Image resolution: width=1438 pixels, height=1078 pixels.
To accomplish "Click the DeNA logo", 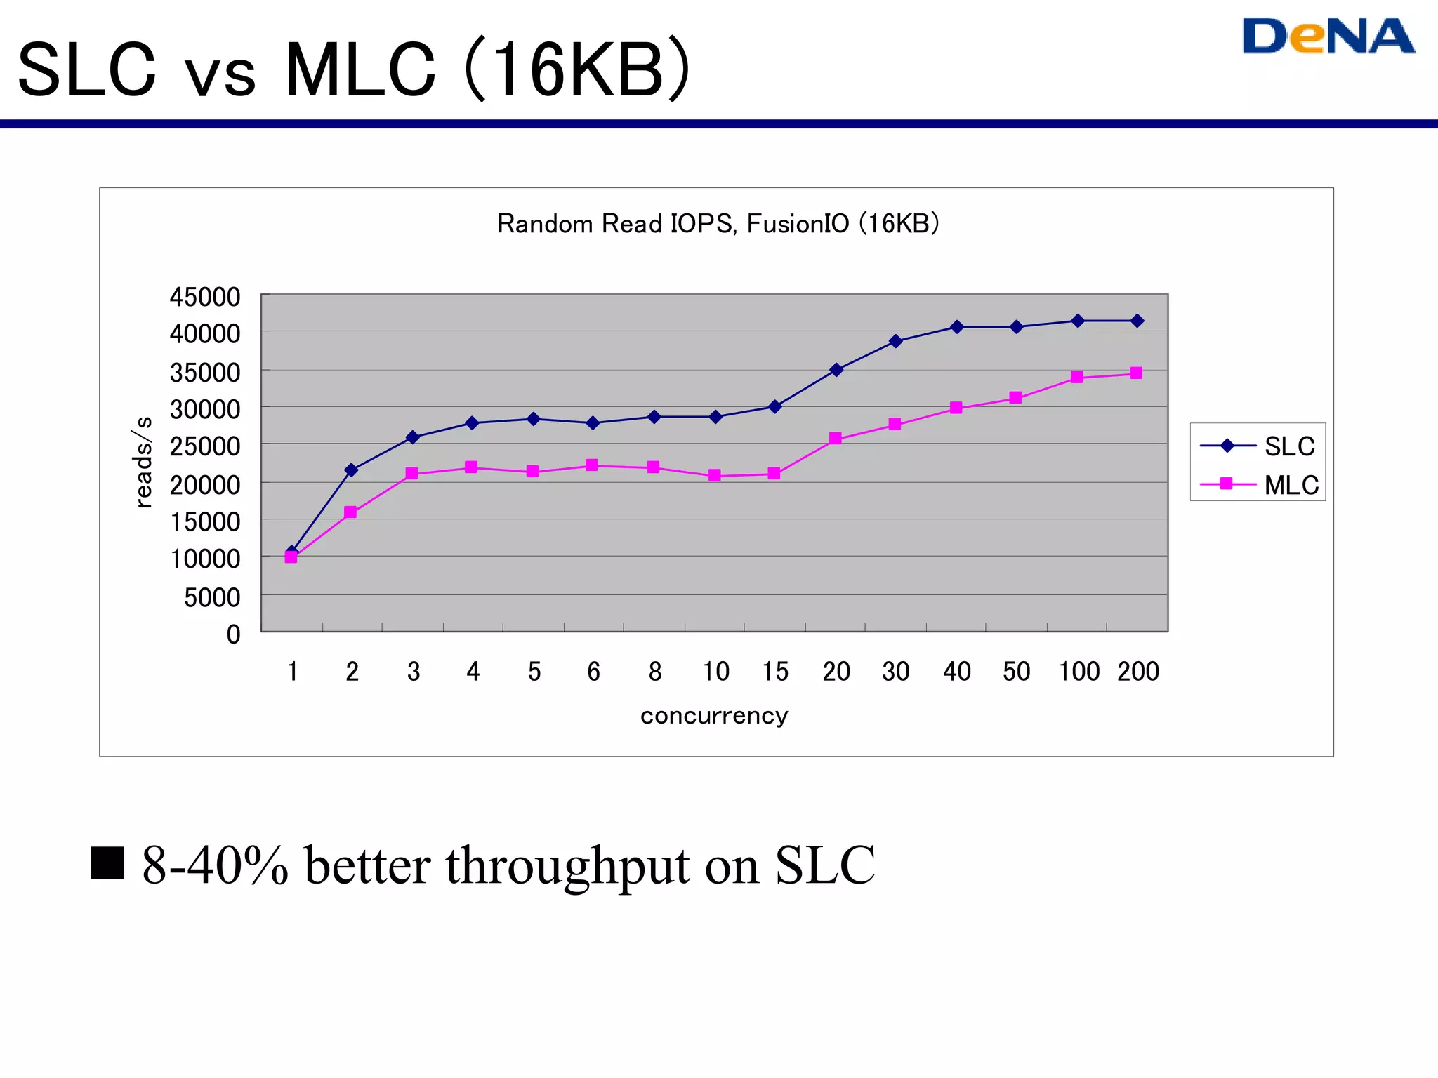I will click(1328, 36).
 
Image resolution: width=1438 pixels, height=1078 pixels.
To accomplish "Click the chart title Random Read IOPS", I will click(718, 223).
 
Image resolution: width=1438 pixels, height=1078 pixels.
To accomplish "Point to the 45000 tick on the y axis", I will click(205, 297).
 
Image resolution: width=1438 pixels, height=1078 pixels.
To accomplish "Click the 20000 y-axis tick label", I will click(205, 484).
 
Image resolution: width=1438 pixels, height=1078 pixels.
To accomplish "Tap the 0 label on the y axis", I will click(233, 634).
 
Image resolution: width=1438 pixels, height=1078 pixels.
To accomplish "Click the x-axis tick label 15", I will click(775, 672).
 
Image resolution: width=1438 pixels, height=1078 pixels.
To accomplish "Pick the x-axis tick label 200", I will click(1138, 672).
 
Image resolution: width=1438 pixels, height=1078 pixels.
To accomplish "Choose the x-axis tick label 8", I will click(654, 672).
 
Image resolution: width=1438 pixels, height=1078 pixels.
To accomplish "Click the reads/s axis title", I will click(143, 462).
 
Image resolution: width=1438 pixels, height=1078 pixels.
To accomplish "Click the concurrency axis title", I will click(714, 715).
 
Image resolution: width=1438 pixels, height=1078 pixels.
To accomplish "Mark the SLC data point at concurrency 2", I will click(352, 470).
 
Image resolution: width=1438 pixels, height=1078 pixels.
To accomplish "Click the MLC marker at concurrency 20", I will click(835, 439).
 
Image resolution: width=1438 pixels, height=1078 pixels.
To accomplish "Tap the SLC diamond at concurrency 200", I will click(1137, 321).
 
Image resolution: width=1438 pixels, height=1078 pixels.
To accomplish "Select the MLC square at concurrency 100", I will click(1077, 378).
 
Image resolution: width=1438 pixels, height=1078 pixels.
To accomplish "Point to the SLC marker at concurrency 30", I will click(895, 341).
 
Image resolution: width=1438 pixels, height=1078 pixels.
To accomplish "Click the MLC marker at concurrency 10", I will click(715, 475).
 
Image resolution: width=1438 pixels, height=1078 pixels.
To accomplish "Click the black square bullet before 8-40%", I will click(107, 863).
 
